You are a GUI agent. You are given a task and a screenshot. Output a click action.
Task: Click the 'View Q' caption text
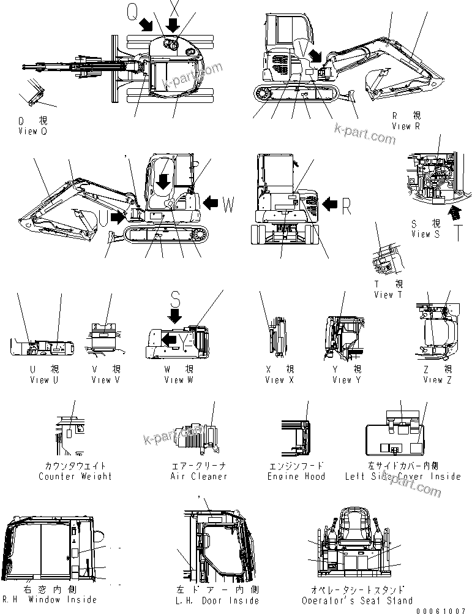32,131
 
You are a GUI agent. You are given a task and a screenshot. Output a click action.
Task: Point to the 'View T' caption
388,295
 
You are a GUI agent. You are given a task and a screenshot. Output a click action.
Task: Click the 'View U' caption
43,380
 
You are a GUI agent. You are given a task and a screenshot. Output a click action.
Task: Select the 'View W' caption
178,380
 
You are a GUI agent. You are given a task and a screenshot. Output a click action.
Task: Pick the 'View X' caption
279,380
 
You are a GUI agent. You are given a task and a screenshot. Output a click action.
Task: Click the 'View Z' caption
437,380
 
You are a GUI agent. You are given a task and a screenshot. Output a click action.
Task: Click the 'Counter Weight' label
75,476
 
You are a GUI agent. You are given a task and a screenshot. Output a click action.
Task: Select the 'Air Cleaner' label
199,476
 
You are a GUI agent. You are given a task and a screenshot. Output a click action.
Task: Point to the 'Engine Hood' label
296,476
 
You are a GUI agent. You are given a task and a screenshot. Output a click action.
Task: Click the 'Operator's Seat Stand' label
358,601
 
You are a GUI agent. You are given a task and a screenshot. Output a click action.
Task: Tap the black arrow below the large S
175,316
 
